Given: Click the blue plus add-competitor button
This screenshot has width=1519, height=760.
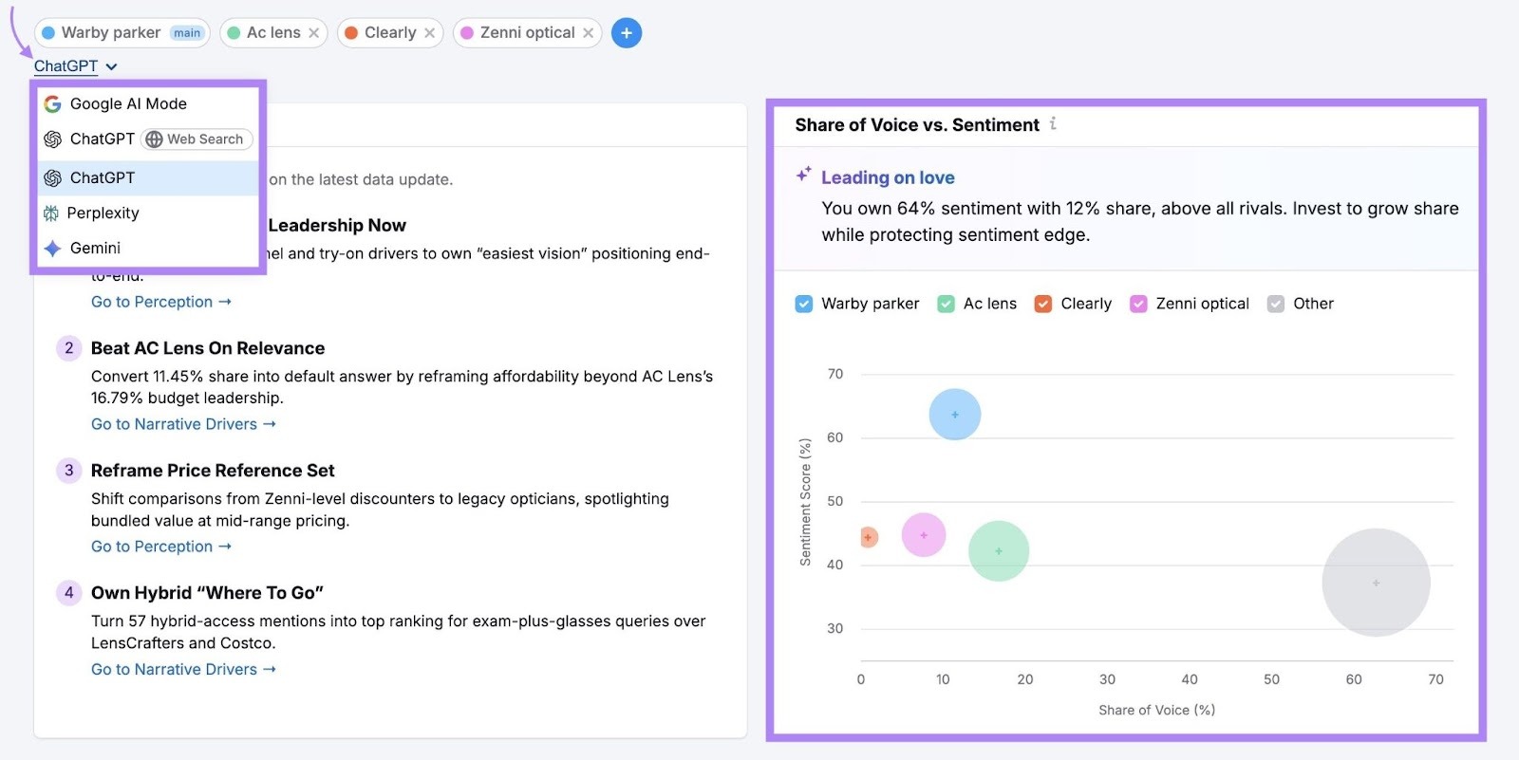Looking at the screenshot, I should pyautogui.click(x=627, y=33).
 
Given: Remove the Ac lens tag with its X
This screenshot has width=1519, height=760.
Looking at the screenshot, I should pyautogui.click(x=314, y=33).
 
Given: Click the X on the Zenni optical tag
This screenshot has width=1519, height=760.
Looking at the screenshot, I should pyautogui.click(x=589, y=33).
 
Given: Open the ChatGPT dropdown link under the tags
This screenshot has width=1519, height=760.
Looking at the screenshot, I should pyautogui.click(x=75, y=66).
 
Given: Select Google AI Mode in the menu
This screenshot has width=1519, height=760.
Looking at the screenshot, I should pyautogui.click(x=128, y=104).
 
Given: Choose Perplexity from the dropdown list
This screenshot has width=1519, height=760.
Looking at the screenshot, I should pyautogui.click(x=103, y=213).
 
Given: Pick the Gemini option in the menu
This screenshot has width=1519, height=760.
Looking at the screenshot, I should pyautogui.click(x=95, y=249).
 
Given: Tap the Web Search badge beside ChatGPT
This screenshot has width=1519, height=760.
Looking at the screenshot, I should pyautogui.click(x=197, y=139).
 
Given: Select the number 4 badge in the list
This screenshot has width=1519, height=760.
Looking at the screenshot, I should pyautogui.click(x=68, y=593).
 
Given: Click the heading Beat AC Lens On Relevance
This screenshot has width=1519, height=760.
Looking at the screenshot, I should pyautogui.click(x=208, y=348).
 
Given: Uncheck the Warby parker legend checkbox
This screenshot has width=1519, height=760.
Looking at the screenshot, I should pyautogui.click(x=804, y=304).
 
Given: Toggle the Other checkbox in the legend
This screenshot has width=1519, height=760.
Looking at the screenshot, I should pyautogui.click(x=1276, y=304).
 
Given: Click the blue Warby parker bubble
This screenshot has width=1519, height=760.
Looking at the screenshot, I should pyautogui.click(x=955, y=415).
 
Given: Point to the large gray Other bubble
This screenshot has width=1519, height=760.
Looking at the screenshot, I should pyautogui.click(x=1376, y=583).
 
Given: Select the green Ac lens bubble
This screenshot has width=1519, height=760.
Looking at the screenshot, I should pyautogui.click(x=999, y=551).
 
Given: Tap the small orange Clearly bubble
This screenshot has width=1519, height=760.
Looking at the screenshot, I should pyautogui.click(x=868, y=537).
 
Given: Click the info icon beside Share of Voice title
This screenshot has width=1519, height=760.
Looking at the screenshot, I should pyautogui.click(x=1053, y=124).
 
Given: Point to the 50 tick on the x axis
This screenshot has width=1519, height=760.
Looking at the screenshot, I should pyautogui.click(x=1271, y=679).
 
